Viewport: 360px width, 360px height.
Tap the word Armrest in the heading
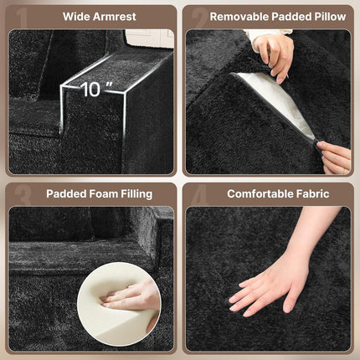point(115,17)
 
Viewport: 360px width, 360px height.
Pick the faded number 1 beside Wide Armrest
point(23,18)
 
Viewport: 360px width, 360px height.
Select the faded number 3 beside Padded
point(23,195)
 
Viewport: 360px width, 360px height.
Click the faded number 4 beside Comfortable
point(200,194)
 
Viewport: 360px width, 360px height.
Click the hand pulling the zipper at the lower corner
point(334,157)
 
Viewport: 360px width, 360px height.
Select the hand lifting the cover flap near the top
point(272,56)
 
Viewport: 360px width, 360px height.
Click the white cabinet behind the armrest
point(150,39)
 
